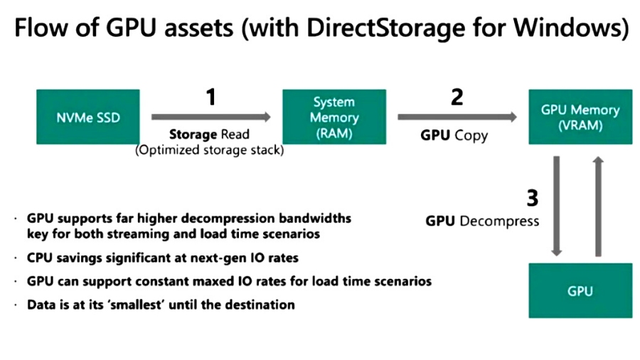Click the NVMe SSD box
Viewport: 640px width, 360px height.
tap(87, 117)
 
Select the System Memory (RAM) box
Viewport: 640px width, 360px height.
tap(334, 117)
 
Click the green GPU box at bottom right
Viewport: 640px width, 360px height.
tap(580, 290)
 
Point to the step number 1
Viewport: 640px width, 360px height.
tap(210, 97)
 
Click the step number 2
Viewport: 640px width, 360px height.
tap(457, 97)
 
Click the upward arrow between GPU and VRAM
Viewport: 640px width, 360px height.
tap(599, 206)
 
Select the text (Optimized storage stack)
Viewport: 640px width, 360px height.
tap(209, 149)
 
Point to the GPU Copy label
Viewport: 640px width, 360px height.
tap(455, 135)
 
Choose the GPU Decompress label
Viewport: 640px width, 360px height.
tap(482, 221)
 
